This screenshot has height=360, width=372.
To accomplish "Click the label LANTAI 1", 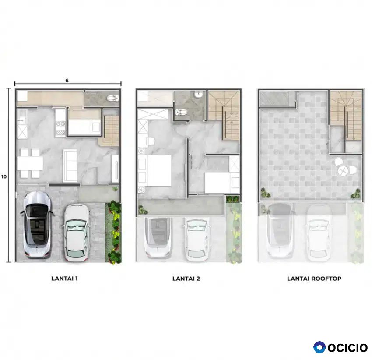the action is pyautogui.click(x=64, y=278).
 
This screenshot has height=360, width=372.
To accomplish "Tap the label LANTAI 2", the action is pyautogui.click(x=186, y=278).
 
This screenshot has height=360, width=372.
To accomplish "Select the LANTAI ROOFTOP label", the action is pyautogui.click(x=314, y=278).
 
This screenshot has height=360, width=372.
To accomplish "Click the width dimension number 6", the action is pyautogui.click(x=67, y=81).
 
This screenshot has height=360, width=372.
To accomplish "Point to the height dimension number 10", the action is pyautogui.click(x=4, y=176).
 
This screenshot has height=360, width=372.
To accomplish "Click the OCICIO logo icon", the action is pyautogui.click(x=319, y=347).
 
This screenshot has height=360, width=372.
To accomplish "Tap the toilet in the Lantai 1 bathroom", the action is pyautogui.click(x=112, y=98).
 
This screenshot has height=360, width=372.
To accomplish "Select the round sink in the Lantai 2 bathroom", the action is pyautogui.click(x=198, y=95).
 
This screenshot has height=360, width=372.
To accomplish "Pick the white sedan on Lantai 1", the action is pyautogui.click(x=76, y=233).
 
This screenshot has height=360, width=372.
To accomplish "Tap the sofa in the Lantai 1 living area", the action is pyautogui.click(x=70, y=166).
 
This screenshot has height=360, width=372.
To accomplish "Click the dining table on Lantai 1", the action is pyautogui.click(x=30, y=163).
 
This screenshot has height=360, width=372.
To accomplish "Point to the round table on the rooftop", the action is pyautogui.click(x=342, y=170).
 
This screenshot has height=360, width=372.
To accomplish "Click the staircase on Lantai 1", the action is pyautogui.click(x=111, y=131).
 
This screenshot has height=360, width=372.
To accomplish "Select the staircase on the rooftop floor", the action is pyautogui.click(x=346, y=116).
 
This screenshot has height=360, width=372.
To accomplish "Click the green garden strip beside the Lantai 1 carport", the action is pyautogui.click(x=113, y=232).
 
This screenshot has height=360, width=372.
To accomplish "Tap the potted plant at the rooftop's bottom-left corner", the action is pyautogui.click(x=266, y=193).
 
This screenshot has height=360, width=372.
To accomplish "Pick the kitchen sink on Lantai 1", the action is pyautogui.click(x=22, y=117).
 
